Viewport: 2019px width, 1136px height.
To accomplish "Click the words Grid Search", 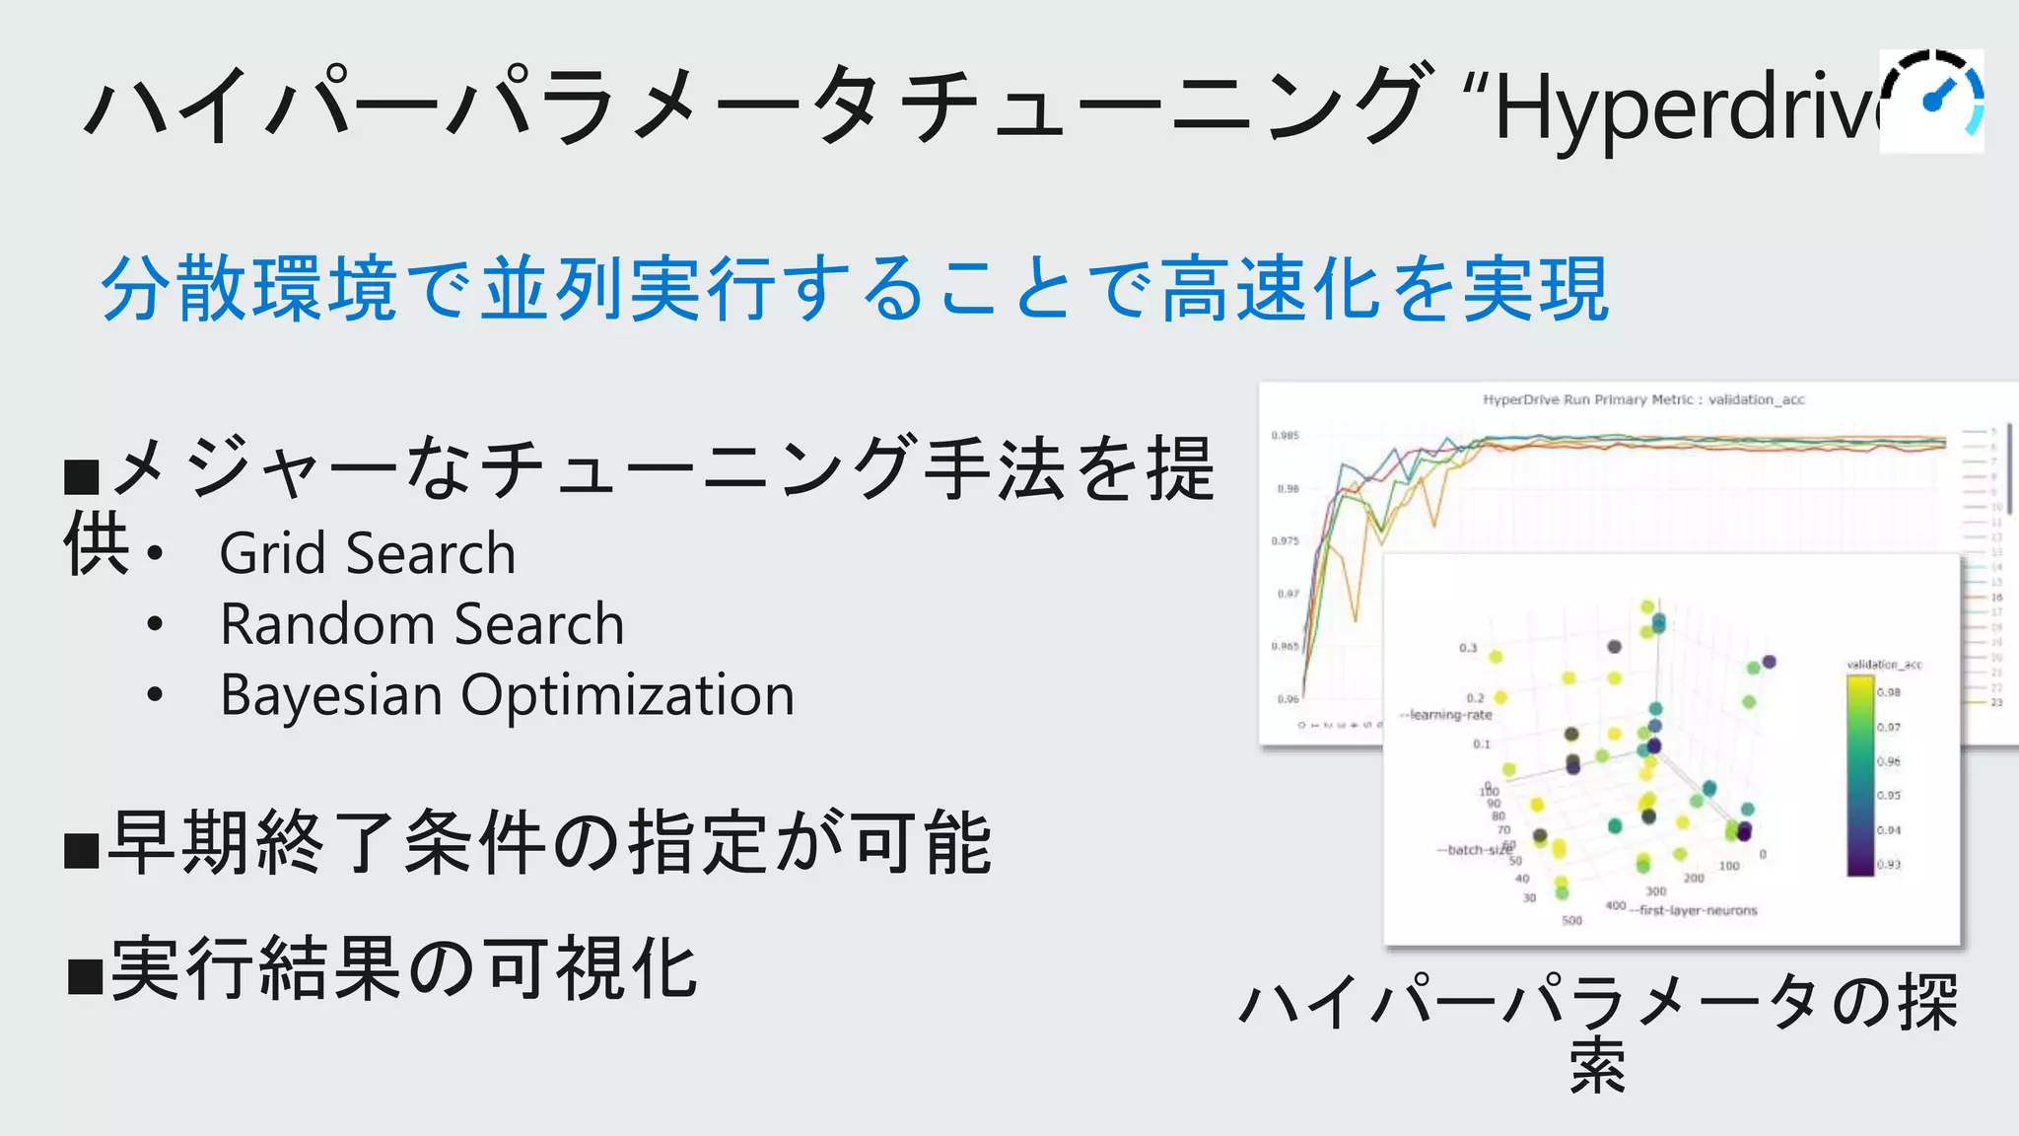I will [368, 553].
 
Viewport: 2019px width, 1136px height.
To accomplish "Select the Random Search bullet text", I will [422, 624].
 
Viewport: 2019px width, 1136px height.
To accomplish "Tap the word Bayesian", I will [331, 695].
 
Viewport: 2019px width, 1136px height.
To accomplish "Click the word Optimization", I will [628, 695].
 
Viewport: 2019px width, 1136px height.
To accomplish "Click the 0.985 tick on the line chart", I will [1285, 435].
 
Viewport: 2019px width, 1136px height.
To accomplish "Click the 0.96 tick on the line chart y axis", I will [1288, 699].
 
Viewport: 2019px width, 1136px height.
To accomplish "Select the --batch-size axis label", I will [1474, 849].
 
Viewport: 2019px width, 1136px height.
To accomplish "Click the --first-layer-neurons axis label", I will [1695, 910].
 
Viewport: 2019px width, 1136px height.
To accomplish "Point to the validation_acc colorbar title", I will [1884, 665].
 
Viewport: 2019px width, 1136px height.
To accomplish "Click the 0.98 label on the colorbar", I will [1889, 692].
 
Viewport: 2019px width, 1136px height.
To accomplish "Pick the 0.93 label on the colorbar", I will [1889, 865].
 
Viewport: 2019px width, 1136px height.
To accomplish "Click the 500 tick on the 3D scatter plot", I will [1571, 920].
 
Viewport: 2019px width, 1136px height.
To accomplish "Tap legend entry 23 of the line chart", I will [1996, 702].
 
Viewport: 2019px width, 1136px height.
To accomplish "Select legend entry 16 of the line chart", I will [1996, 597].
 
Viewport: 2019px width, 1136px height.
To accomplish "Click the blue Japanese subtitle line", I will [855, 289].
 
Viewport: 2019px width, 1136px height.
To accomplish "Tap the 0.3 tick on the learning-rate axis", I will [1468, 648].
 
